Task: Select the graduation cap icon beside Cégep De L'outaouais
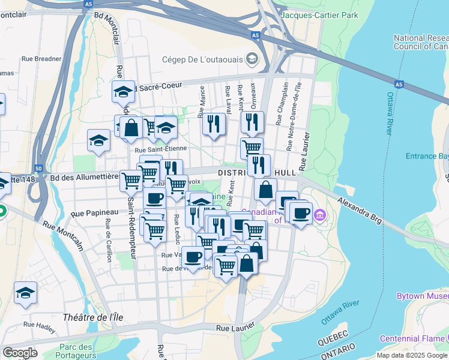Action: tap(252, 58)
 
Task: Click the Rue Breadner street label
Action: tap(41, 59)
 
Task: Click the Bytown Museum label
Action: tap(423, 296)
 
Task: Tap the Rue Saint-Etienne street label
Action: tap(161, 149)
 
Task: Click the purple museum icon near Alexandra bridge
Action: tap(319, 215)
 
